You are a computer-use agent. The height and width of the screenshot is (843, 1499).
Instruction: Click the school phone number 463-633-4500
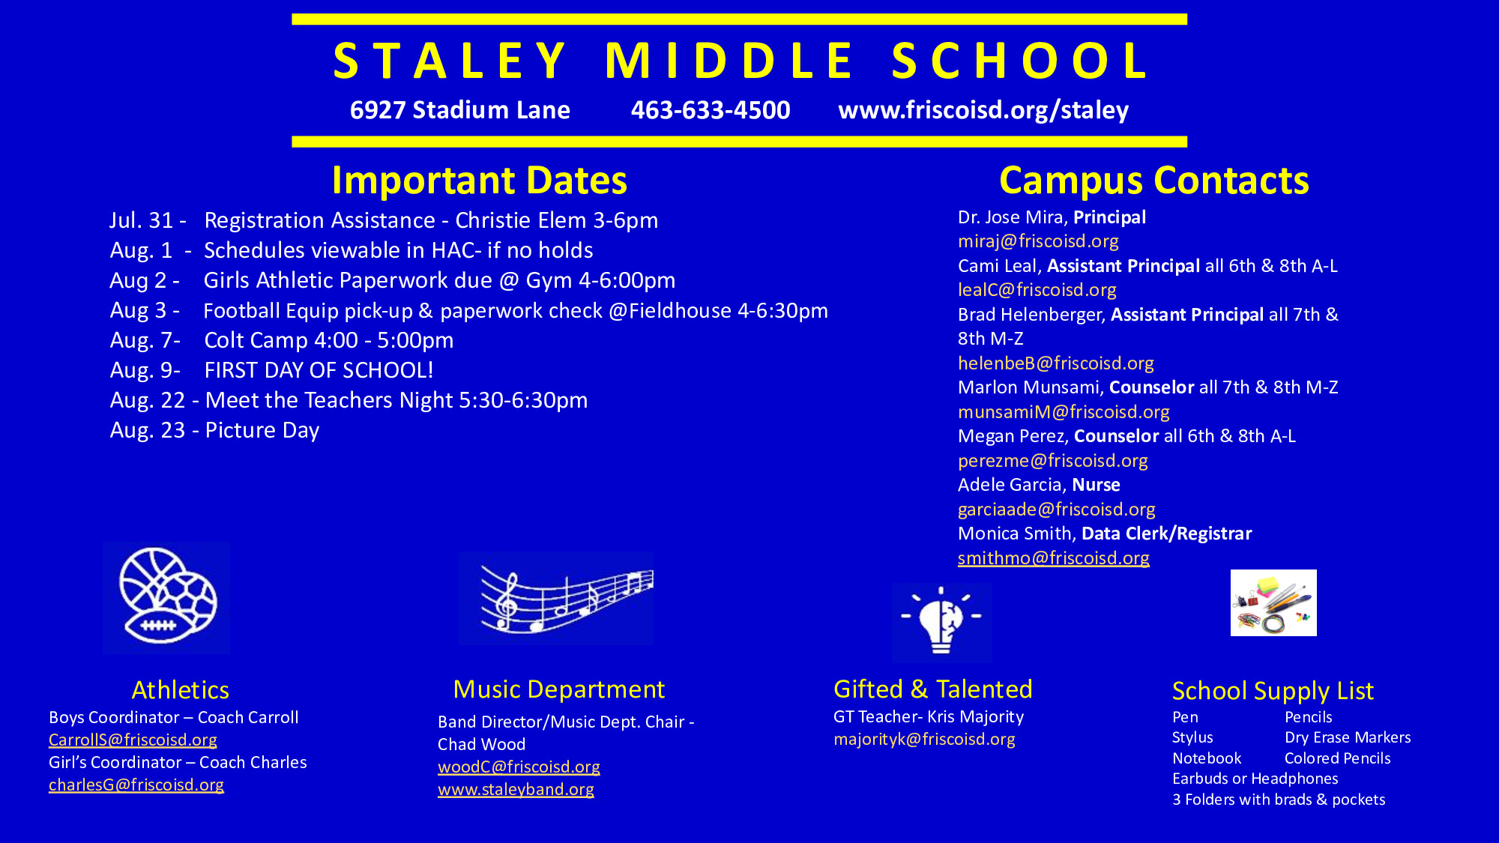711,110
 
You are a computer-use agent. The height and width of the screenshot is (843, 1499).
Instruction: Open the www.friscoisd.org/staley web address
983,110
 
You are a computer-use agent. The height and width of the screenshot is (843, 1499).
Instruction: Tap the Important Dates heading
480,181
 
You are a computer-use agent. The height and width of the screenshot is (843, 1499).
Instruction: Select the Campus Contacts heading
1154,181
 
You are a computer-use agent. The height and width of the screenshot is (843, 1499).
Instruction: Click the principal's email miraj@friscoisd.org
1038,241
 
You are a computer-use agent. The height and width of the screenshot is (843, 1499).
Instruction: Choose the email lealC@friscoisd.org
1037,290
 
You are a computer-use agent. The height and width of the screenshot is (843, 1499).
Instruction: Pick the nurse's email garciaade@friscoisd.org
1057,510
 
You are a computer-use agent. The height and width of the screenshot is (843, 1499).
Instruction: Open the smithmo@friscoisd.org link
1054,558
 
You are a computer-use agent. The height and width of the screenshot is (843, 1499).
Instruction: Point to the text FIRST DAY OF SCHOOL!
319,370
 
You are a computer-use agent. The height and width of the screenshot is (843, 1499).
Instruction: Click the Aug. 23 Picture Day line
214,430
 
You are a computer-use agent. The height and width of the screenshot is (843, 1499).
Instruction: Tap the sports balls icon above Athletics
166,597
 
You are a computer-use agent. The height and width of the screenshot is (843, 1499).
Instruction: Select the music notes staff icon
556,599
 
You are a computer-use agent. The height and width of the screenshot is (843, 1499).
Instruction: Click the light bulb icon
942,623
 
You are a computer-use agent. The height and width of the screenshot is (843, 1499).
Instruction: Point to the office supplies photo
1273,602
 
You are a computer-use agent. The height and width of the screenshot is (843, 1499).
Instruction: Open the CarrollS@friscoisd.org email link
133,740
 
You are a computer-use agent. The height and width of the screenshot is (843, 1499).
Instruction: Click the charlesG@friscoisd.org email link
136,785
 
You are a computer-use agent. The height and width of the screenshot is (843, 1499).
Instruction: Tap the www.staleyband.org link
516,790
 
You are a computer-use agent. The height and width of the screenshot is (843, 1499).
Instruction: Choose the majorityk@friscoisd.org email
924,740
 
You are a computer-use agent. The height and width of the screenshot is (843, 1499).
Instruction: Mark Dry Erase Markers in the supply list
1348,737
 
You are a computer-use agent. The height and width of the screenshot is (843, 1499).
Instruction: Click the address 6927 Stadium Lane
460,110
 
